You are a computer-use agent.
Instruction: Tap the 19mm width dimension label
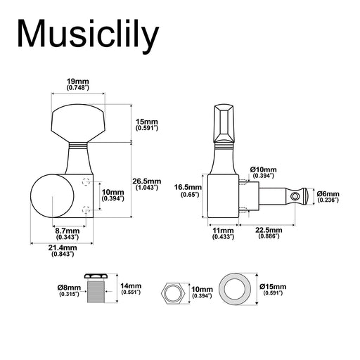[x=78, y=84]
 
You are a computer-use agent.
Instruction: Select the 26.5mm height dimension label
[x=147, y=184]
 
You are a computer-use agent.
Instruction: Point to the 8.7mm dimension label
[x=67, y=233]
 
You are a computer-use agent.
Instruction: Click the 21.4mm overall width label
[x=63, y=250]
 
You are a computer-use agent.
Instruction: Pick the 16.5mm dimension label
[x=188, y=191]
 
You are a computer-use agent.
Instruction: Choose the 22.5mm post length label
[x=269, y=233]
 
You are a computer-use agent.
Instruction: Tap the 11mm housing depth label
[x=223, y=233]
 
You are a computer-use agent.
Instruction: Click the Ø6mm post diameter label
[x=328, y=197]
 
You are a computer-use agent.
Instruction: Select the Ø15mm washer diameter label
[x=273, y=290]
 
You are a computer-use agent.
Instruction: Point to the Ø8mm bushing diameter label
[x=69, y=290]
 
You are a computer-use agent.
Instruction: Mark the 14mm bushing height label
[x=131, y=289]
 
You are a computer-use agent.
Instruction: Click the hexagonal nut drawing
[x=174, y=293]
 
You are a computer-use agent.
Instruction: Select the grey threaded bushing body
[x=96, y=292]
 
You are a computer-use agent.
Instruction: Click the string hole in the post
[x=295, y=195]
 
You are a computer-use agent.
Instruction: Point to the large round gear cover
[x=52, y=196]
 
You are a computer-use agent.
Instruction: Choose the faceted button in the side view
[x=224, y=123]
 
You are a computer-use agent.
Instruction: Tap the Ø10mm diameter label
[x=263, y=172]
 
